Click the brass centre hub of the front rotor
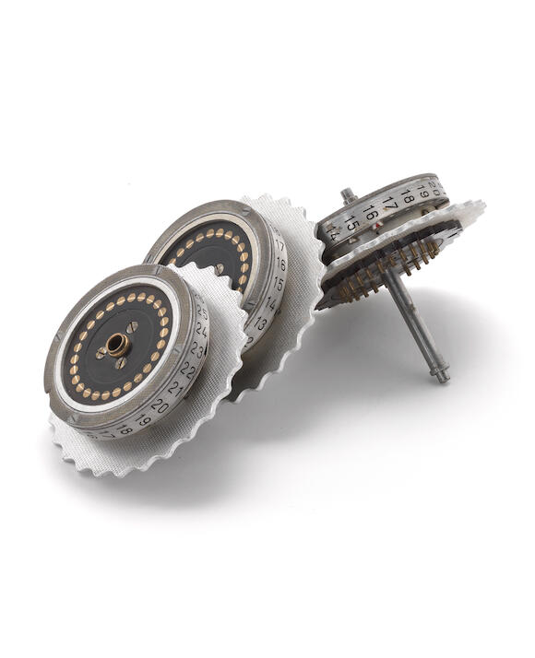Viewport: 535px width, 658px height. coord(117,345)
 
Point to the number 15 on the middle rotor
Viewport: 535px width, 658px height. coord(278,283)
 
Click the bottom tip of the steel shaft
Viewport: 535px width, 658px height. coord(442,376)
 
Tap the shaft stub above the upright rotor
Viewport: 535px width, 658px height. coord(347,195)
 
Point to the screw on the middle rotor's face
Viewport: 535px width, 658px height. coord(224,268)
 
